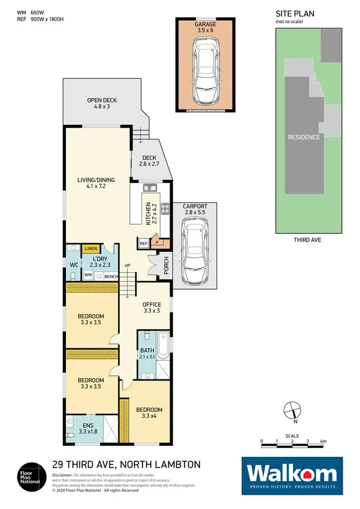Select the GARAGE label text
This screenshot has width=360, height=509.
(205, 25)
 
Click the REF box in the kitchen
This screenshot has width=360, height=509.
(143, 243)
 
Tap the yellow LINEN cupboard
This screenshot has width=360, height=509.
(90, 248)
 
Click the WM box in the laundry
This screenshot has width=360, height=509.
(87, 275)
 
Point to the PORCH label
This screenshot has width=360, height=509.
(165, 268)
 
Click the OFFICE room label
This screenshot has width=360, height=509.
(151, 305)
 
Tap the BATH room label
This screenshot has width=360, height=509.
(147, 351)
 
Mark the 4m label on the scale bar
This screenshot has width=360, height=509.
(323, 442)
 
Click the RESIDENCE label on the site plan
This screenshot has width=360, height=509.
(304, 137)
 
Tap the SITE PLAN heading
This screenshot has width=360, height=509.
(295, 13)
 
